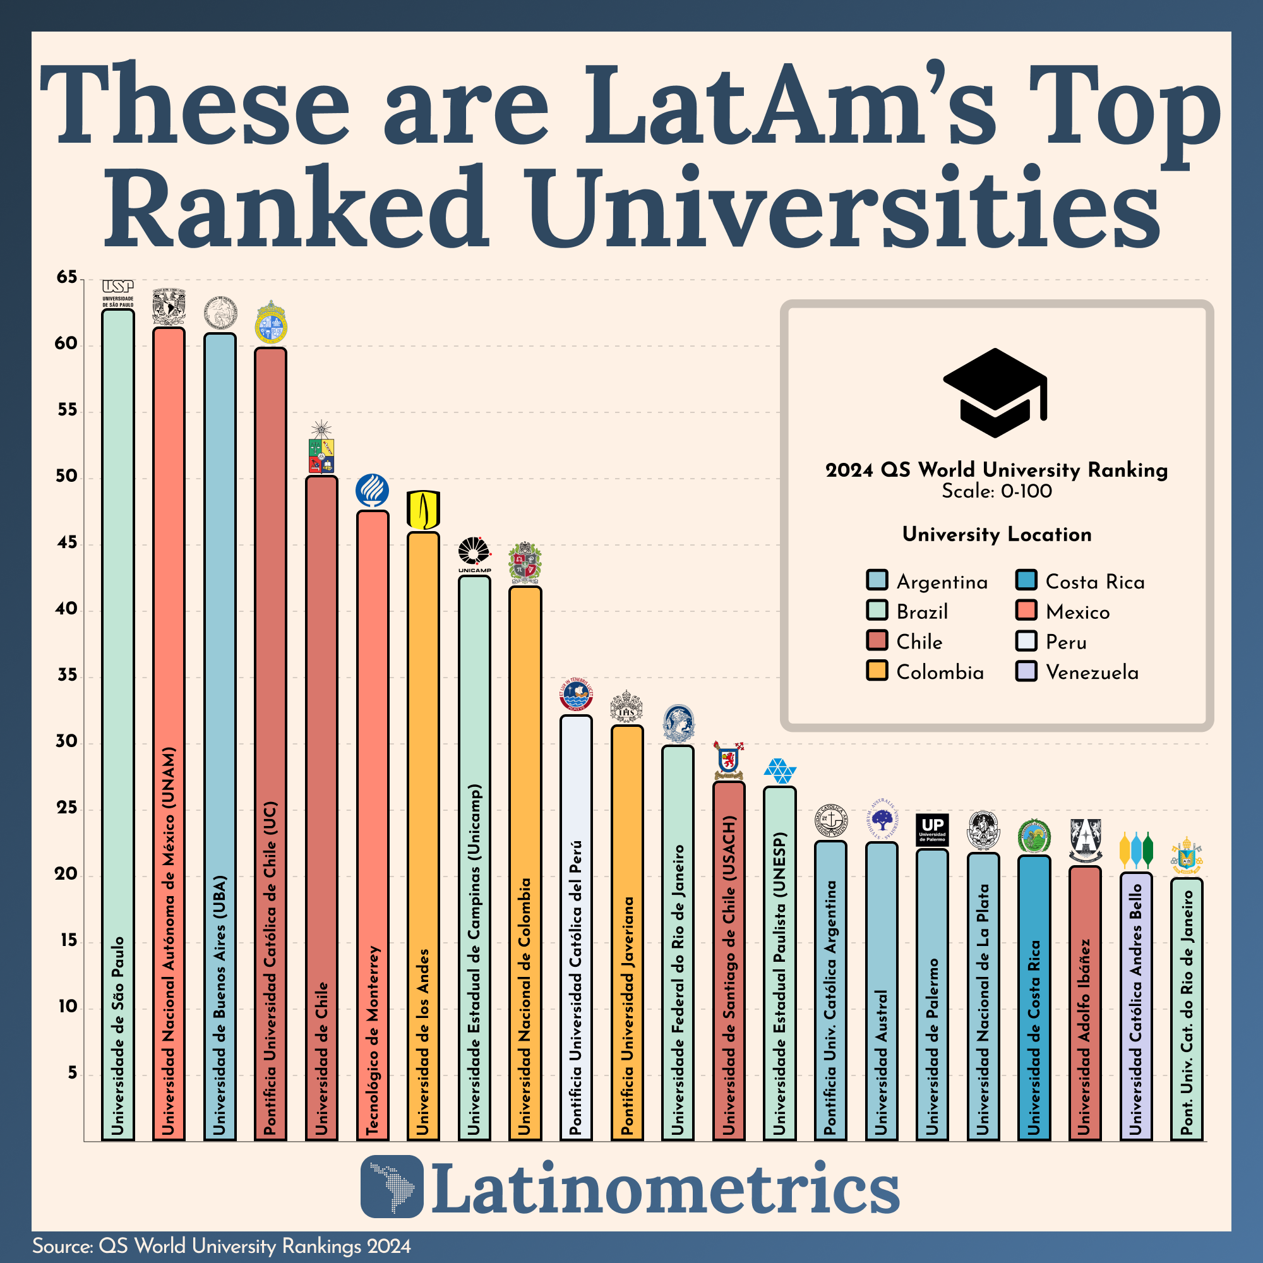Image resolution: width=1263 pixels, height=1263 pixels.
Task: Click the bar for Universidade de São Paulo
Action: [118, 719]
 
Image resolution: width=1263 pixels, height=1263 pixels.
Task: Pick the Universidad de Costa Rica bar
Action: [1034, 993]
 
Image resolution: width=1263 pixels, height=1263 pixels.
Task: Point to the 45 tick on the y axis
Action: [66, 542]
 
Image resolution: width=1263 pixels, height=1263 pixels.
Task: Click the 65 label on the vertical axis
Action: [66, 277]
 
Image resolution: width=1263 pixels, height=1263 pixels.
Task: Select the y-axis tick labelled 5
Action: [72, 1073]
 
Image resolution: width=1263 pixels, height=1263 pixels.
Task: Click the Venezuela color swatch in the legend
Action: [1026, 671]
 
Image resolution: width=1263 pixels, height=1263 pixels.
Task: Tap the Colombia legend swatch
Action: [877, 671]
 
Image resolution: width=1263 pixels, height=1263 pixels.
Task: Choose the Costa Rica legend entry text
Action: [1095, 582]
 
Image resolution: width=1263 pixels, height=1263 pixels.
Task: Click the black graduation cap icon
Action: [995, 392]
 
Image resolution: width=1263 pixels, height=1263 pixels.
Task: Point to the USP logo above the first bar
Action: [117, 292]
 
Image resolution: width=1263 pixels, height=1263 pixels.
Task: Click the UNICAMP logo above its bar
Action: [474, 555]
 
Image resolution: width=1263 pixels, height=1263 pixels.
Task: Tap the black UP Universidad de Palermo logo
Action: [931, 830]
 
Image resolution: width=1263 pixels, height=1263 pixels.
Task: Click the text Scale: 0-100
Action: [997, 491]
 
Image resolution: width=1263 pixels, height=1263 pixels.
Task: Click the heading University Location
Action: [997, 534]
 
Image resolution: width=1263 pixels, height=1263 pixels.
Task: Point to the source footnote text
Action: [222, 1246]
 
